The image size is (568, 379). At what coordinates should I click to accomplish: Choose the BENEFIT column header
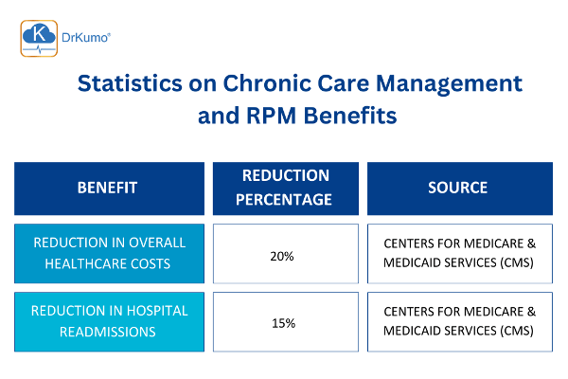pos(109,188)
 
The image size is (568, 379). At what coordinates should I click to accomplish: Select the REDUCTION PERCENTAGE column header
pos(286,188)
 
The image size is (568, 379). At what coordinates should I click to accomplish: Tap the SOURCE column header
pos(457,188)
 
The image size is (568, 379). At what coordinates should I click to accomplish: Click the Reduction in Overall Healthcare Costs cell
pos(109,254)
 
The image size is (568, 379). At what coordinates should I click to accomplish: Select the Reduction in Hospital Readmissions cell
pos(109,322)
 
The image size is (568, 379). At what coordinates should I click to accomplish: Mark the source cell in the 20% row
pos(457,254)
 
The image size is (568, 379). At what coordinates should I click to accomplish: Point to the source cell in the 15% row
pos(457,322)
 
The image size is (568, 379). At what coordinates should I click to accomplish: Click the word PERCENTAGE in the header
pos(286,199)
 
